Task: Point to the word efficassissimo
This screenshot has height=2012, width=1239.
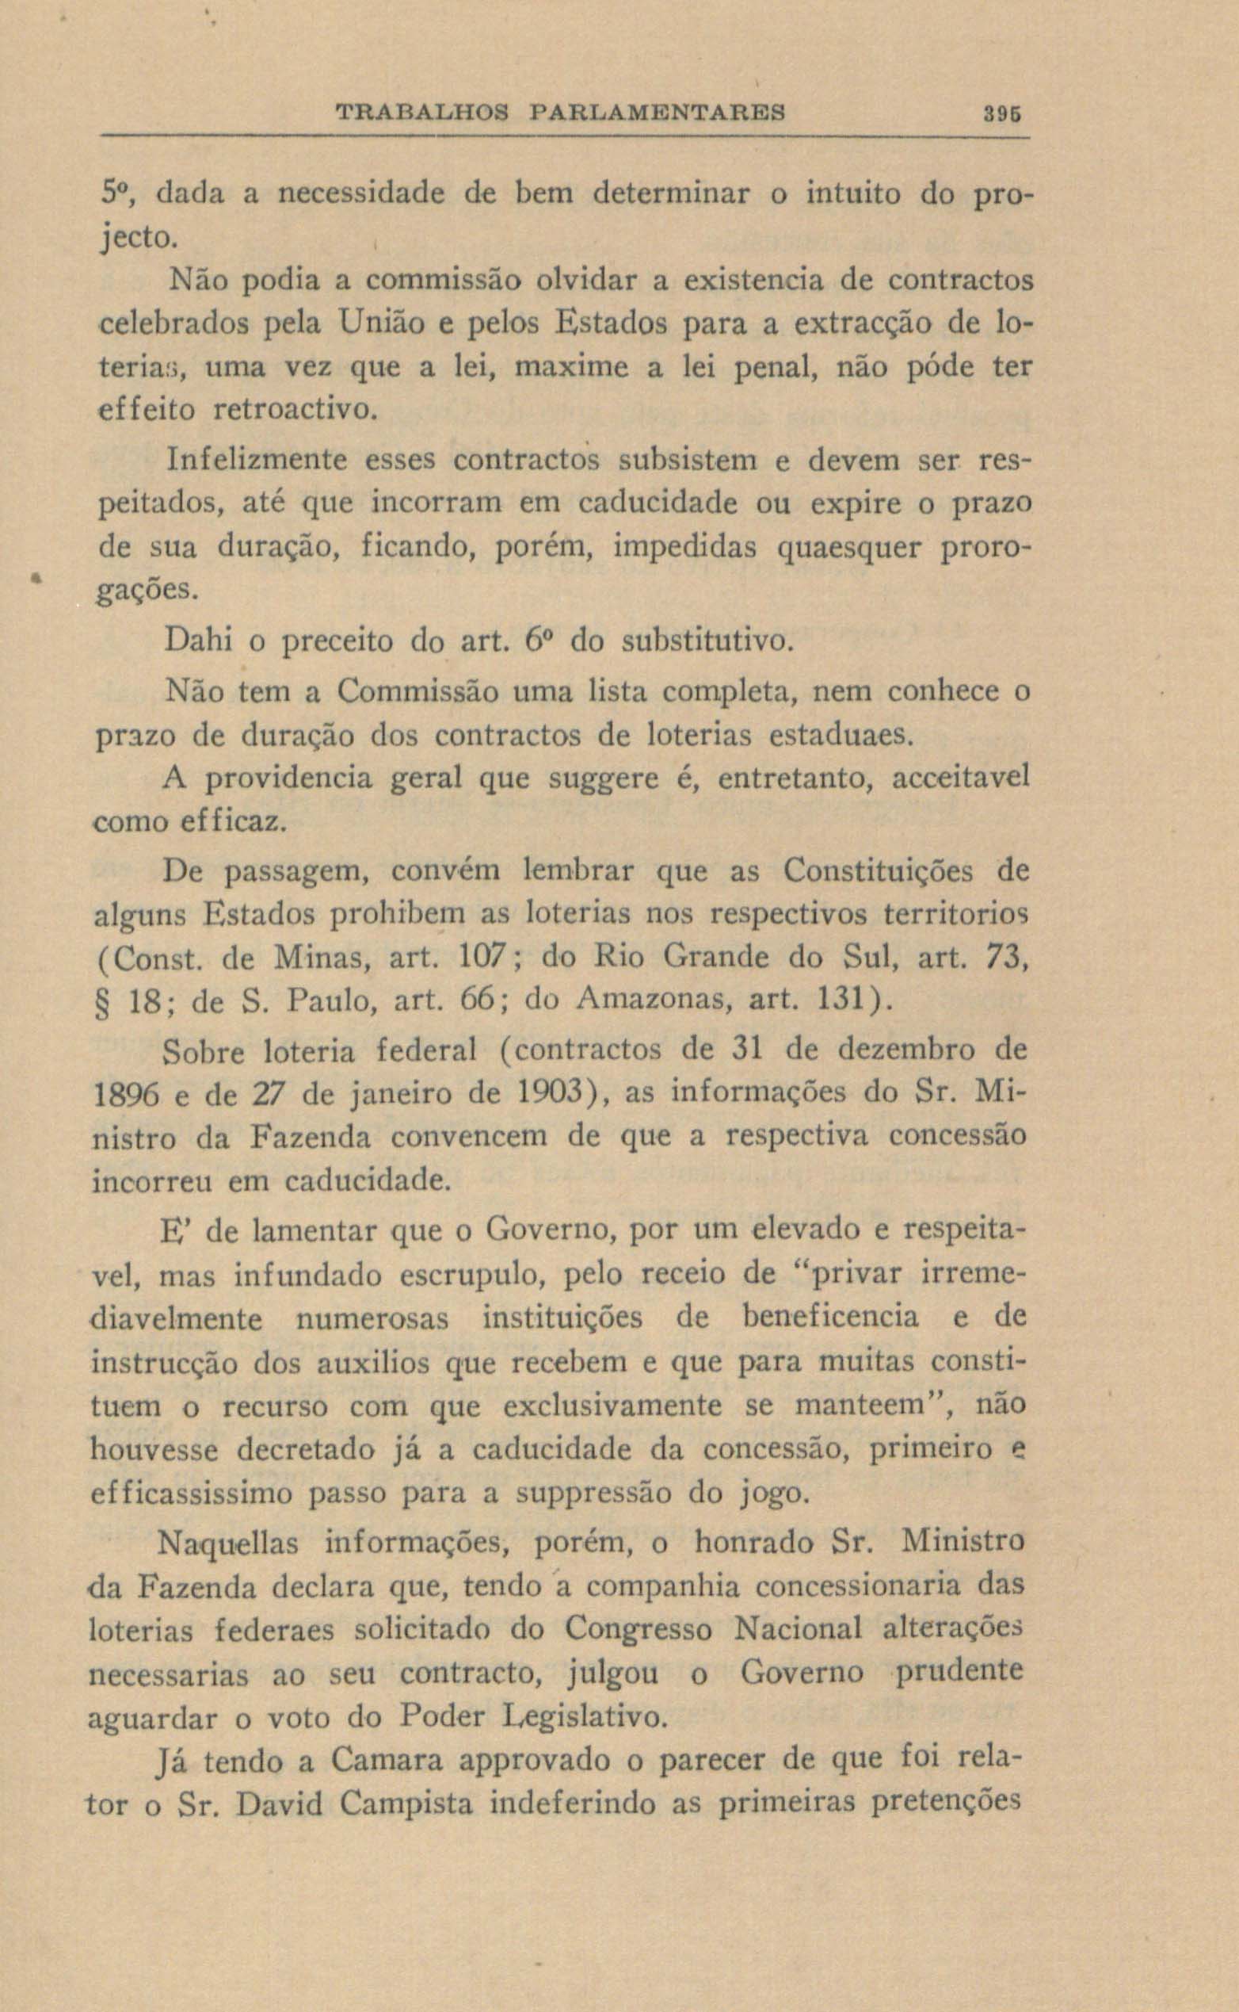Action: click(191, 1494)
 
